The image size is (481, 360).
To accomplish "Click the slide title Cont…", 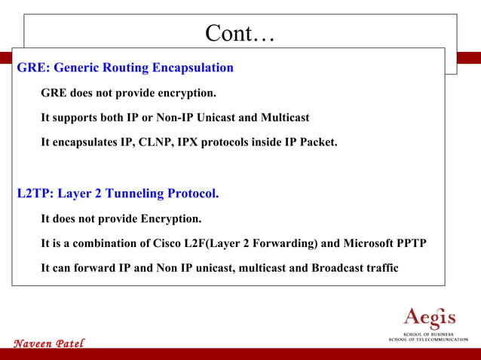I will coord(240,33).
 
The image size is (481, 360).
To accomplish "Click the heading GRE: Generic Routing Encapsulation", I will coord(125,68).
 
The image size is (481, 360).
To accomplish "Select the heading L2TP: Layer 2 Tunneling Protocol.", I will coord(118,194).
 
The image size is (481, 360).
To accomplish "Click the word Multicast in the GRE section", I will coord(285,118).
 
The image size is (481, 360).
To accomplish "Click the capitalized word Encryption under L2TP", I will coord(171,219).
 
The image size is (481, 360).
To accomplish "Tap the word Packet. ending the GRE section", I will coord(317,142).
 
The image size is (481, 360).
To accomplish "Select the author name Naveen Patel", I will coord(49,343).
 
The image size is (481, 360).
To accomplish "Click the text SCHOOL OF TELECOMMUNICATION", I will coord(428,340).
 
